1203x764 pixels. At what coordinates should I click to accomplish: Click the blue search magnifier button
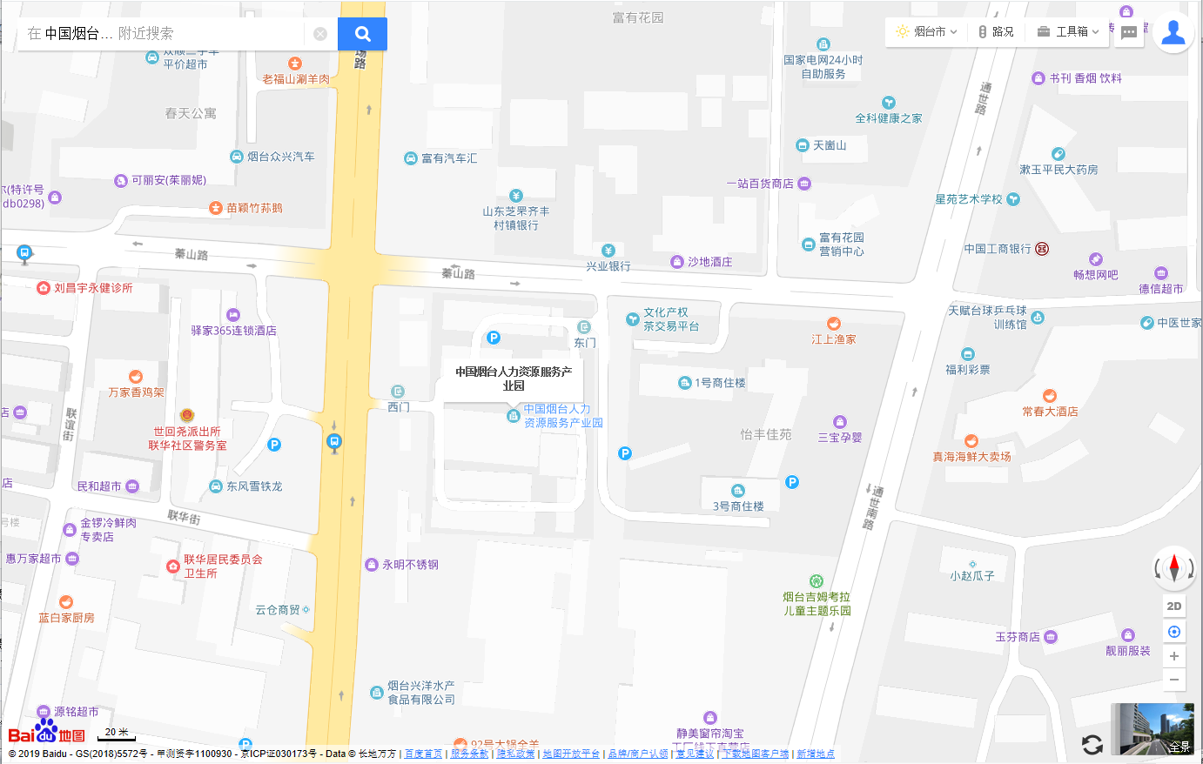(362, 34)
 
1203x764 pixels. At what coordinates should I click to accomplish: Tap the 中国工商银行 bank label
(998, 249)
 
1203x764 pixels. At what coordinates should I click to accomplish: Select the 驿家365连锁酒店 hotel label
(233, 330)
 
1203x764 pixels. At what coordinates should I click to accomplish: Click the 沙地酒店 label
(709, 262)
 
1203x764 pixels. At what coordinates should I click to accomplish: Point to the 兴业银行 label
(608, 265)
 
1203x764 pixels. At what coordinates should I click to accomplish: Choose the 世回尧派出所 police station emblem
(187, 416)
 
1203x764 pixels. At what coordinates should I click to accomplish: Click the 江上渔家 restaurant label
(834, 338)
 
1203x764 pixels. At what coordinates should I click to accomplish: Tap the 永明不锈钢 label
(410, 565)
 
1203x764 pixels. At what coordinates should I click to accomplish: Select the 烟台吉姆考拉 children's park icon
(816, 581)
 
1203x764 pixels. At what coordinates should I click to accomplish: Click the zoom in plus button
(1174, 656)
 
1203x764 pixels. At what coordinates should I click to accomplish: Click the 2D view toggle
(1174, 606)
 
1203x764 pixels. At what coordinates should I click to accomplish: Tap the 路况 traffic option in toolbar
(997, 31)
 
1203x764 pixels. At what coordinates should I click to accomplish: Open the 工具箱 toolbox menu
(1068, 31)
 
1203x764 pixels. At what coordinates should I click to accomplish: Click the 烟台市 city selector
(927, 31)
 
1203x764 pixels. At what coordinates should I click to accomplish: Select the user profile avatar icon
(1173, 32)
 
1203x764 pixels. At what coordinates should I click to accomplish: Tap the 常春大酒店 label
(1050, 411)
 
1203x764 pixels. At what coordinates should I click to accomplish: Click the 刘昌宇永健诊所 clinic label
(93, 288)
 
